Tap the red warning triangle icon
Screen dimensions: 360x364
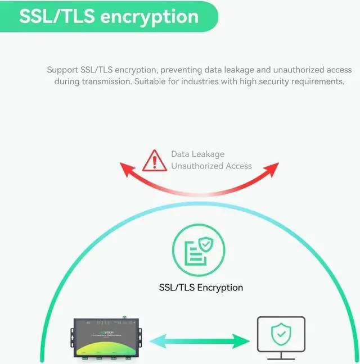pos(155,160)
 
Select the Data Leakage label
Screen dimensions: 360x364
pos(197,154)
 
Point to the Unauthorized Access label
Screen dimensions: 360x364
pos(211,166)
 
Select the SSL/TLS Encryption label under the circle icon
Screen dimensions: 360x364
pos(201,287)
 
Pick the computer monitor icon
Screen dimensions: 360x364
pos(281,336)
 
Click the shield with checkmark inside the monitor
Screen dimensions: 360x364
pos(281,335)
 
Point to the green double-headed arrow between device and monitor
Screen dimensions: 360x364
pos(200,340)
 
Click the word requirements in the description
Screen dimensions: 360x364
pos(317,81)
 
